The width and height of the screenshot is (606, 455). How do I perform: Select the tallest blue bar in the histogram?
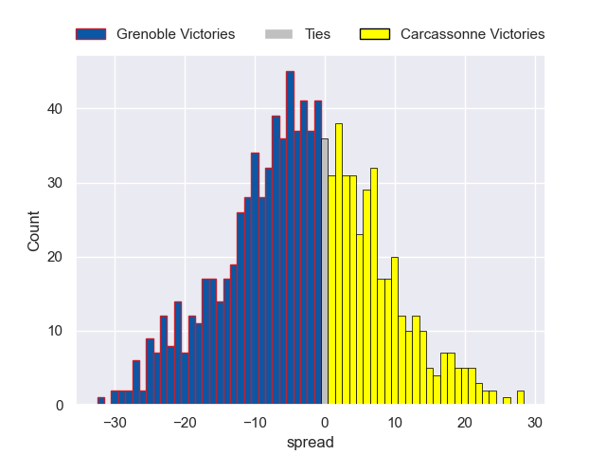coord(290,238)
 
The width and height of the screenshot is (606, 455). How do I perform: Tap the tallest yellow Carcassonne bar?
coord(338,264)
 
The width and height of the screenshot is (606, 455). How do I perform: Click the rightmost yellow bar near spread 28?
coord(520,398)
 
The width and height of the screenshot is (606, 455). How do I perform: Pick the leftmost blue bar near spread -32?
coord(101,401)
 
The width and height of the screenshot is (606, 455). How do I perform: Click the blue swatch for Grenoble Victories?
coord(91,34)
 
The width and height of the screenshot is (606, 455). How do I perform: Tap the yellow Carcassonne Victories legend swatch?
coord(375,34)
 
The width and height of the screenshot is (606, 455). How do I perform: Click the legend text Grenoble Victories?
coord(175,34)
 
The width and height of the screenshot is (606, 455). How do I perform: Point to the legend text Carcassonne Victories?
coord(472,34)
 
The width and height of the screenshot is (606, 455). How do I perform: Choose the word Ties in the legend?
coord(317,34)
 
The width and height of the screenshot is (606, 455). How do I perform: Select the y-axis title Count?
coord(34,230)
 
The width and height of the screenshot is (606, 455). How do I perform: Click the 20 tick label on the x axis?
coord(465,422)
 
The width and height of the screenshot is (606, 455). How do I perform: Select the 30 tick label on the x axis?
coord(535,422)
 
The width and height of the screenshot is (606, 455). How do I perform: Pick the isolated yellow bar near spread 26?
coord(507,401)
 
